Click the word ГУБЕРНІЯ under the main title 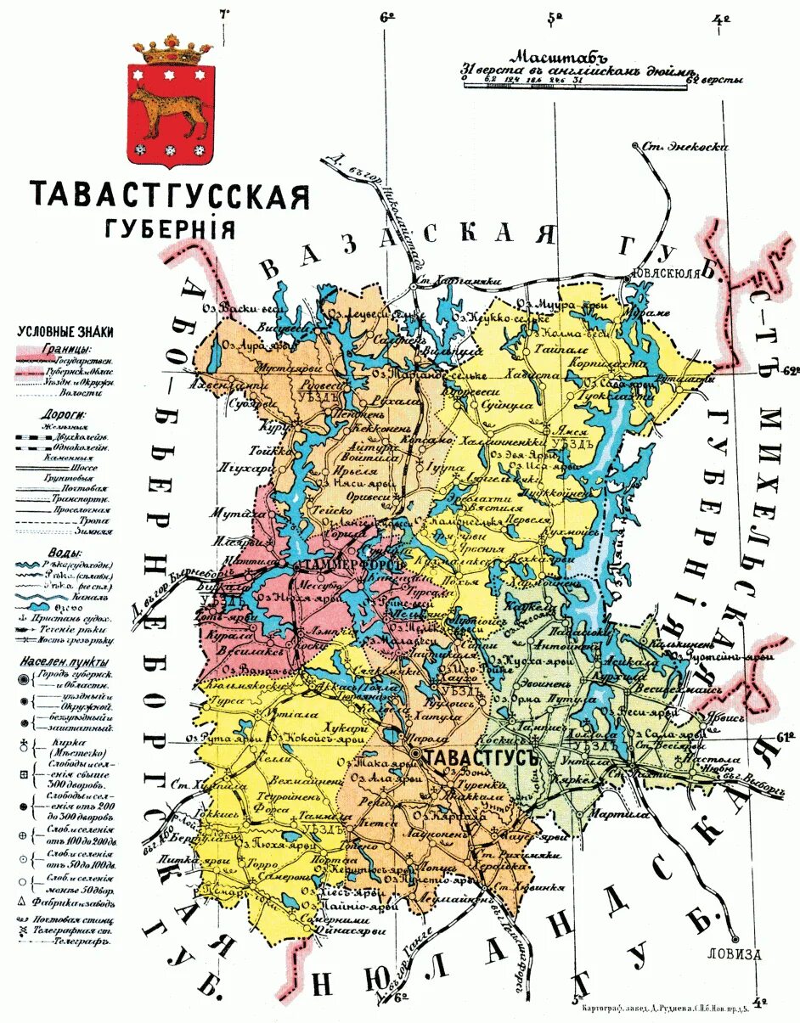coord(169,229)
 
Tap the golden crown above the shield coord(177,50)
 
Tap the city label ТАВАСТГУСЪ coord(481,756)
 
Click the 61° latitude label coord(786,735)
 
